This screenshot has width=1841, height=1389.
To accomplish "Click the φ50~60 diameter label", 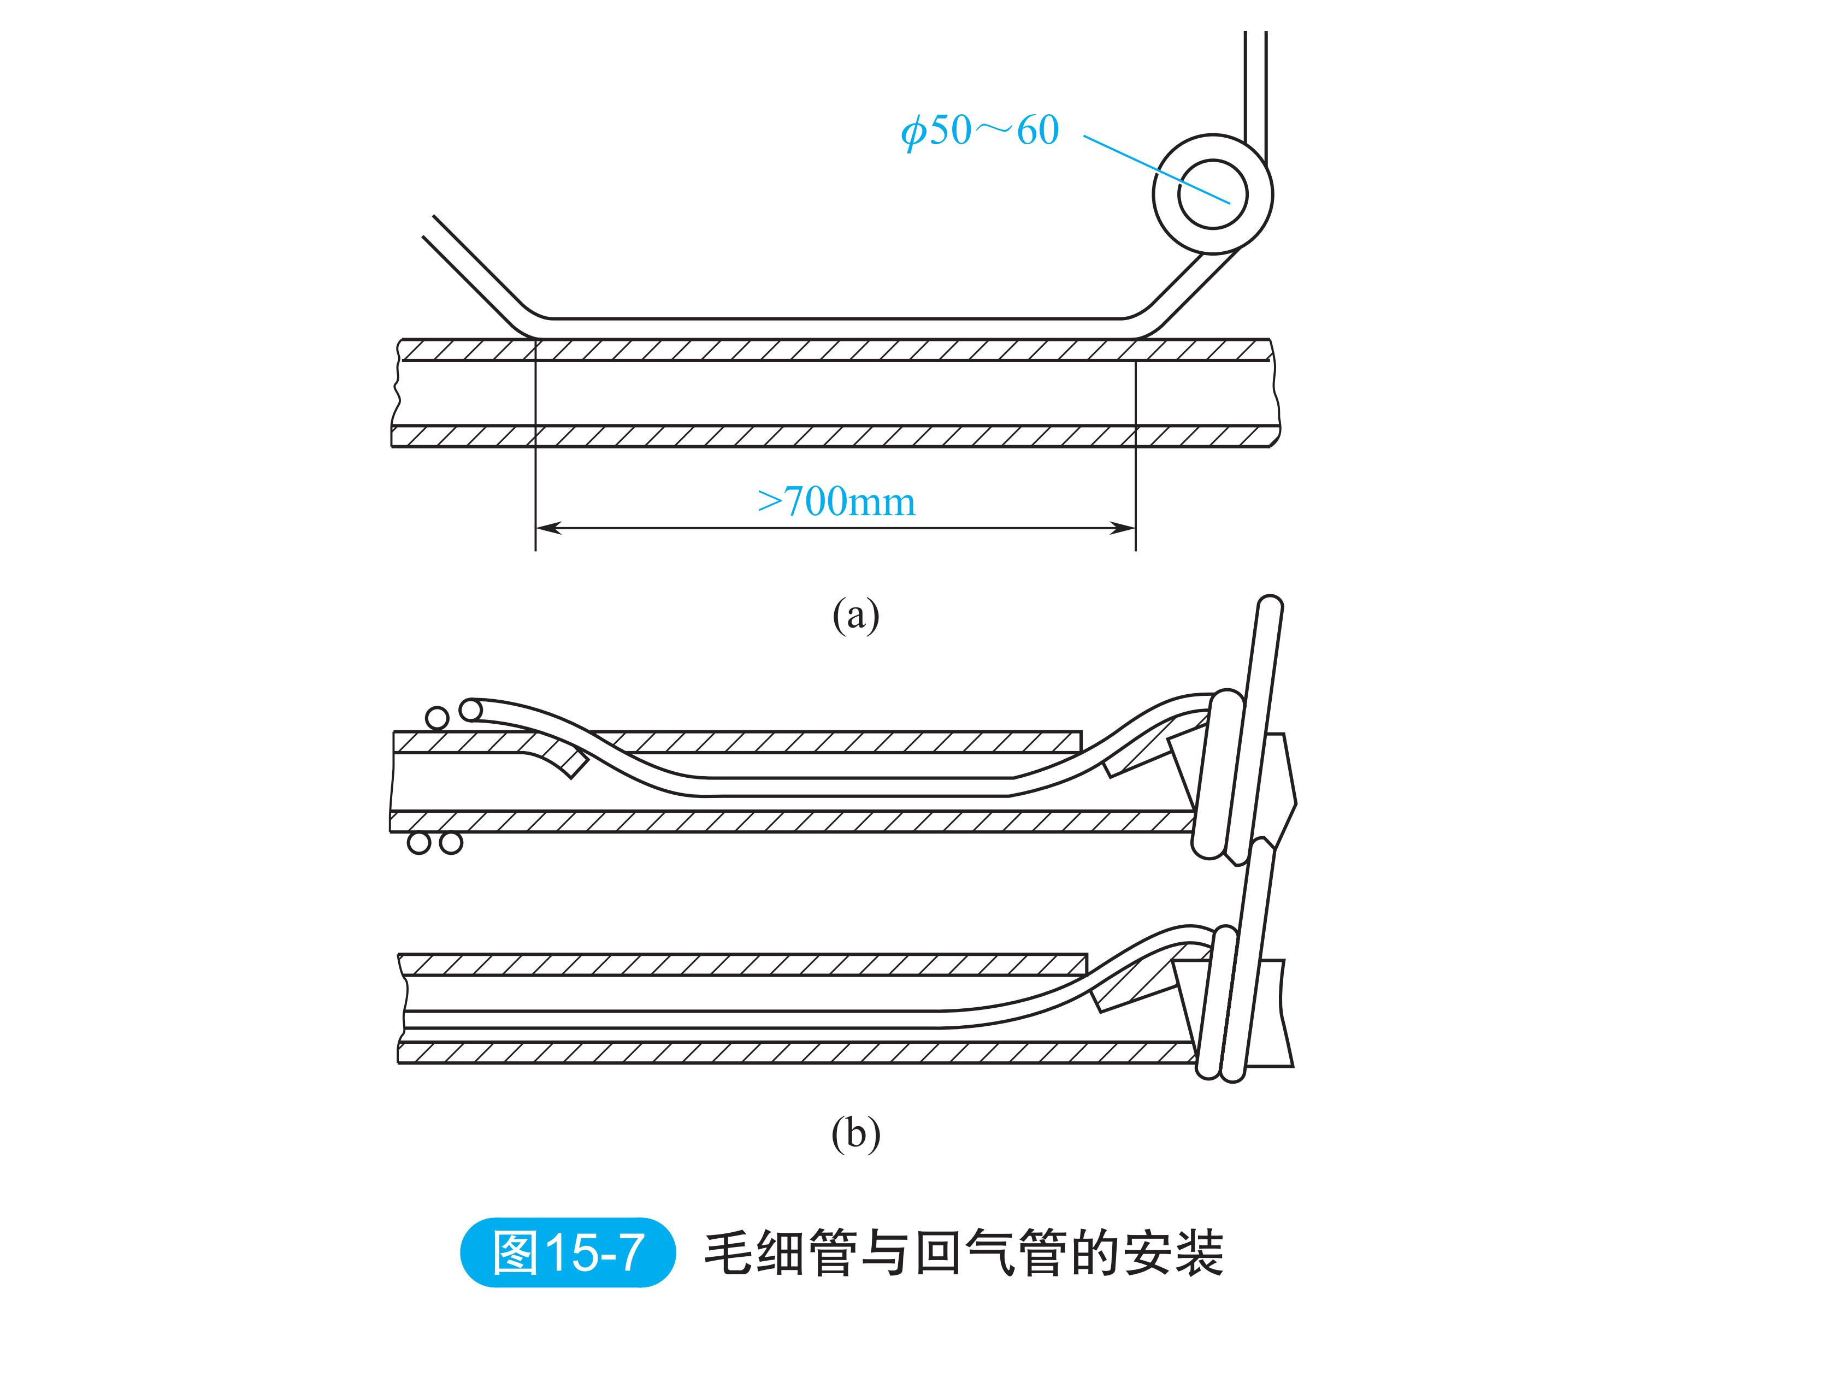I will (x=979, y=131).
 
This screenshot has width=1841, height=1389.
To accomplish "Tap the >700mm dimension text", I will (x=836, y=501).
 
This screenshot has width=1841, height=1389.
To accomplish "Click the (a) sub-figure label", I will (x=855, y=616).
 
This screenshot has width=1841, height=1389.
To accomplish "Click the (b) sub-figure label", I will (x=855, y=1133).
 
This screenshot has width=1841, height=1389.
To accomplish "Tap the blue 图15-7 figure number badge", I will (x=568, y=1252).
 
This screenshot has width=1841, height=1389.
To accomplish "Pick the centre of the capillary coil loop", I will (x=1213, y=194).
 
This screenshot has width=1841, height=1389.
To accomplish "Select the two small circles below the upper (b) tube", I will (x=434, y=843).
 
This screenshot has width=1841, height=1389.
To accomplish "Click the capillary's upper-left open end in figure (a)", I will (x=429, y=227).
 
